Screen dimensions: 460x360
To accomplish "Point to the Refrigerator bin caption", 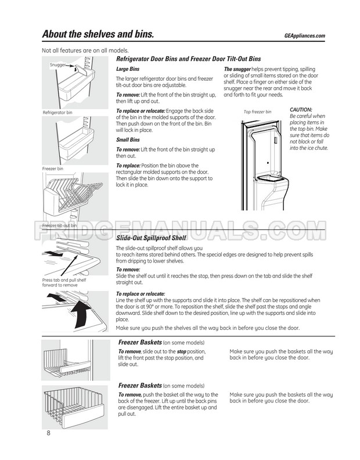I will [x=57, y=112].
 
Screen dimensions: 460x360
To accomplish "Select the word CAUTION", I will [x=301, y=109].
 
